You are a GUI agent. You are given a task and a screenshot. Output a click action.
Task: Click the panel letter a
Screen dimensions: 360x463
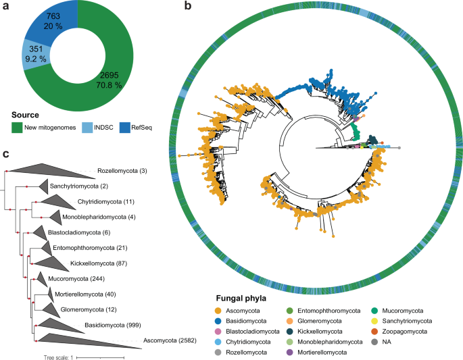point(6,7)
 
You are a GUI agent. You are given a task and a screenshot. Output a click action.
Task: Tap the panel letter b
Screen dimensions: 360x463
point(189,7)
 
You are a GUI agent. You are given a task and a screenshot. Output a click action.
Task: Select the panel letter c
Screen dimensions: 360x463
point(6,155)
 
